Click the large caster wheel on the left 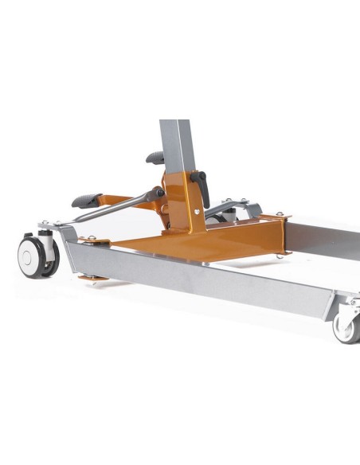(37, 257)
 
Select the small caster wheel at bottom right (347, 327)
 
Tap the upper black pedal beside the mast (155, 158)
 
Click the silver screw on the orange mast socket (195, 212)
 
